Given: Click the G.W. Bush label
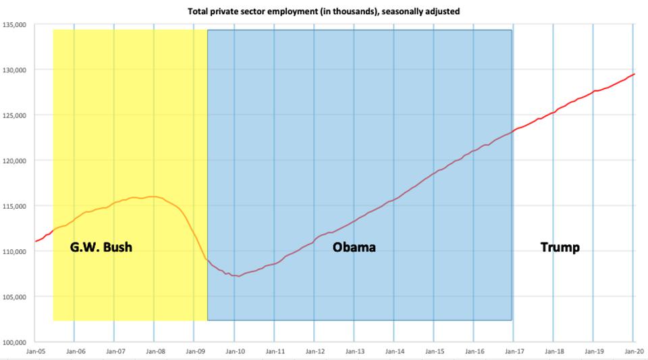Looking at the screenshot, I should point(101,247).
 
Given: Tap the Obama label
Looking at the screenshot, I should point(354,247).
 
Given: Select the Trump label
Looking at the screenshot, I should point(560,247).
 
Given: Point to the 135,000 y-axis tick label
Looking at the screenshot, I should point(14,25).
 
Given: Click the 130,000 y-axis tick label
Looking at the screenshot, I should point(14,70).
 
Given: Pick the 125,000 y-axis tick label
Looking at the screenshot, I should point(14,115).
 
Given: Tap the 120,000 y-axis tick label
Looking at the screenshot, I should point(14,161).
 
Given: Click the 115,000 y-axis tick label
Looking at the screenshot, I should point(14,206).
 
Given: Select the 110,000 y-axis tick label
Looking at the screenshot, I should point(14,251).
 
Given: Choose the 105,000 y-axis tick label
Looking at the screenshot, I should point(14,297).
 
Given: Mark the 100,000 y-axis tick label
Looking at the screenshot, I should point(14,342).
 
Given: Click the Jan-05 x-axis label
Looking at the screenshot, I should point(35,351).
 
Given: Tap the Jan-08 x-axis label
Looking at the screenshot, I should point(155,351).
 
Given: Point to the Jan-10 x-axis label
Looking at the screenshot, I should point(234,351).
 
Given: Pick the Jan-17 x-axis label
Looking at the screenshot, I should point(514,351).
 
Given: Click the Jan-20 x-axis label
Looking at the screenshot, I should point(632,351).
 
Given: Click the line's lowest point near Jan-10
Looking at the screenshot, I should point(238,276).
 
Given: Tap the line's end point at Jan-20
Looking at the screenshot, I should point(634,74).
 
